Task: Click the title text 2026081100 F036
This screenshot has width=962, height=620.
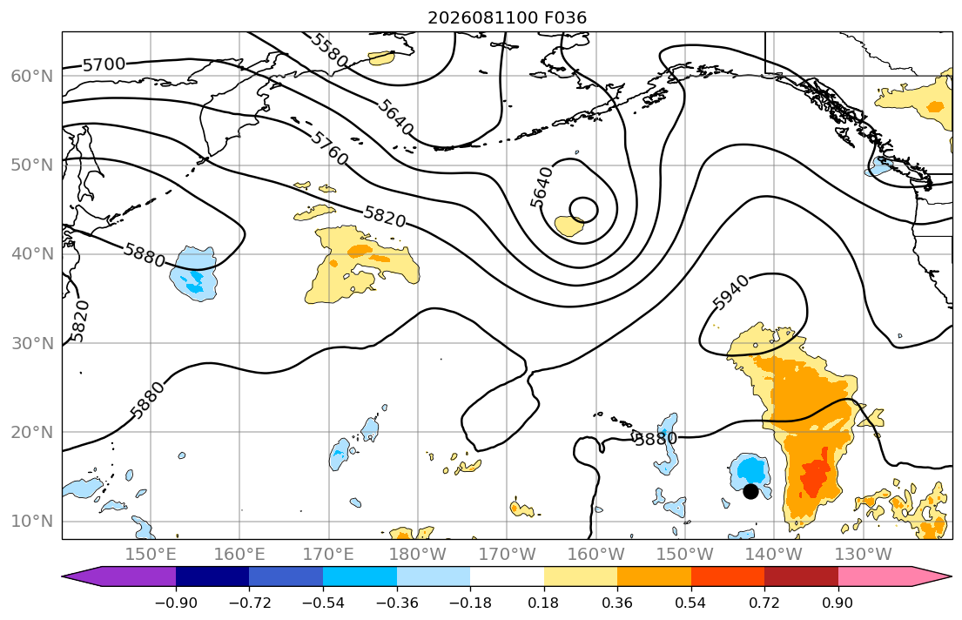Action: [x=507, y=17]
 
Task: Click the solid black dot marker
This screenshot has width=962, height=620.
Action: [x=750, y=491]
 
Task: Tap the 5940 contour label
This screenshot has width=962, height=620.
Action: [x=730, y=293]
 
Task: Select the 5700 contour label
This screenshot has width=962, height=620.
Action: [x=104, y=64]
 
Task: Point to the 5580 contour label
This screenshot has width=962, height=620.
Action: [x=329, y=51]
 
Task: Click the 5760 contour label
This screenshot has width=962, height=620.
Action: [x=329, y=148]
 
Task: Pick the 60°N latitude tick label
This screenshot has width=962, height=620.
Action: [x=32, y=76]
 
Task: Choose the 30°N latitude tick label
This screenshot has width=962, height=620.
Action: [x=32, y=343]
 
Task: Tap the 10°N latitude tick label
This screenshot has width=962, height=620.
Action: [x=32, y=522]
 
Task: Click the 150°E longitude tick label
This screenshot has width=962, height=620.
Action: [x=151, y=555]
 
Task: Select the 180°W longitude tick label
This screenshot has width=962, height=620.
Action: [x=418, y=555]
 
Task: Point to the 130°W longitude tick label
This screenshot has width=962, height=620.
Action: [x=864, y=555]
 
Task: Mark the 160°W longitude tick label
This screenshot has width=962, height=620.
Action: [x=595, y=555]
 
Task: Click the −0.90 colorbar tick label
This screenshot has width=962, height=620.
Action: [x=176, y=603]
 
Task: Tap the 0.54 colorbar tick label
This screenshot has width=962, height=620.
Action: [x=691, y=603]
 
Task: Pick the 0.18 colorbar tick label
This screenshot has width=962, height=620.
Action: [x=543, y=603]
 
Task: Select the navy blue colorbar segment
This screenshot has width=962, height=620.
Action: [x=212, y=576]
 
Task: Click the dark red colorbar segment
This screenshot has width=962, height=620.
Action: [x=801, y=576]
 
